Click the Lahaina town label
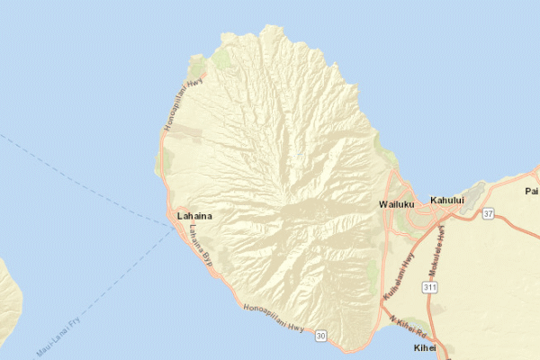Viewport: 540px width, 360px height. (197, 216)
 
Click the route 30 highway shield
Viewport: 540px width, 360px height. (321, 336)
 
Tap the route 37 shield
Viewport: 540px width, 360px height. (488, 213)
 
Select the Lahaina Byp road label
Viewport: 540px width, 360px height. (199, 246)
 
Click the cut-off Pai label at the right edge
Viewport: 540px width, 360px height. (531, 191)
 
